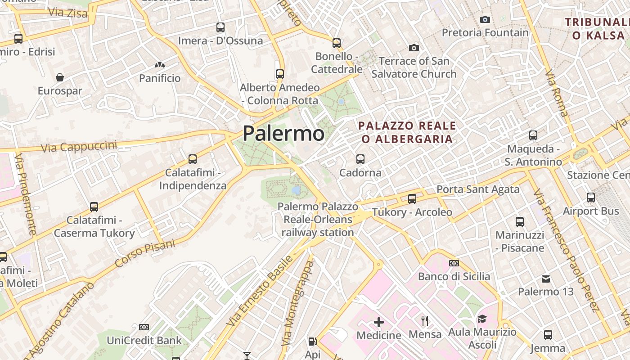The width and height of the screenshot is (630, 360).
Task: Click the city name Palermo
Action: coord(283,133)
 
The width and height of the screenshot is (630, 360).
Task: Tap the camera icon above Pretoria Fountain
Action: coord(485,19)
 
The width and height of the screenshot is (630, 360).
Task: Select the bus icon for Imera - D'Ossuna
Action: coord(220,27)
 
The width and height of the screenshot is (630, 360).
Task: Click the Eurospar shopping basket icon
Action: coord(60,77)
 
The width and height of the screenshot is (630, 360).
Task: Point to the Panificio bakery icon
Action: coord(159,65)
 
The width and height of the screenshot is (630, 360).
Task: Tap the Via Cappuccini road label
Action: coord(79,147)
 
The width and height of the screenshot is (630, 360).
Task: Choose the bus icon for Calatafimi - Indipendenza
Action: coord(193,159)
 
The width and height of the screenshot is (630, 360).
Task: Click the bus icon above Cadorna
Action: coord(360,159)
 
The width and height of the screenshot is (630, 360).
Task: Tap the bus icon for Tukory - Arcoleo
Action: coord(412,198)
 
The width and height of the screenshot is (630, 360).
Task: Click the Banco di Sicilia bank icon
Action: coord(454,263)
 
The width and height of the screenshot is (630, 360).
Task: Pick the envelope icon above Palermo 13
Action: coord(546,279)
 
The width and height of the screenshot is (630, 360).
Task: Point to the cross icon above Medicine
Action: coord(379,322)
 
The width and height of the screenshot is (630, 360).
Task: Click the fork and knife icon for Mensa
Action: coord(425,321)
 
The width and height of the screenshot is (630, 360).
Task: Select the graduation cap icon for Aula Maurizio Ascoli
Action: coord(482,319)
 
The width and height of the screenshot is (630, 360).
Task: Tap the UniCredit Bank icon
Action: coord(144,327)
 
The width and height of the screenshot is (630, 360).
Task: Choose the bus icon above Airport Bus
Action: coord(591,198)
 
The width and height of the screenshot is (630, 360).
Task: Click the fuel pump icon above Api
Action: coord(312,342)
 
